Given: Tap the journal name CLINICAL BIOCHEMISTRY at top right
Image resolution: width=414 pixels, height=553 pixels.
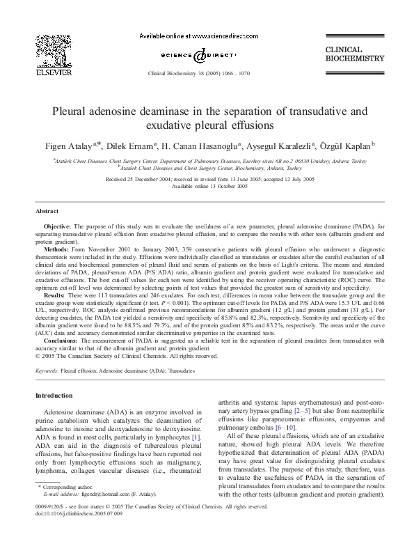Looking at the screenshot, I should pos(354,54).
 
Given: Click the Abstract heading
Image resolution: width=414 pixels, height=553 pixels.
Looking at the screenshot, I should pos(47,210).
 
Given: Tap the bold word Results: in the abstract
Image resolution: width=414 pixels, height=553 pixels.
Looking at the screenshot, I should pos(55,295).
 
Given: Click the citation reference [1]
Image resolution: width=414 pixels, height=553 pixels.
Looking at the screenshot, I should pos(196,436).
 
